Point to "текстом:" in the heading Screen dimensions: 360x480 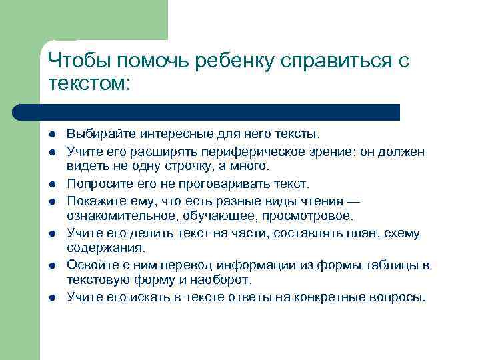tap(91, 84)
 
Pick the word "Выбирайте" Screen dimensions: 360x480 tap(95, 135)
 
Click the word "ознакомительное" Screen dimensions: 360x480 tap(111, 215)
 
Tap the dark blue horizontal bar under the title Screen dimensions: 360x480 tap(207, 111)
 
